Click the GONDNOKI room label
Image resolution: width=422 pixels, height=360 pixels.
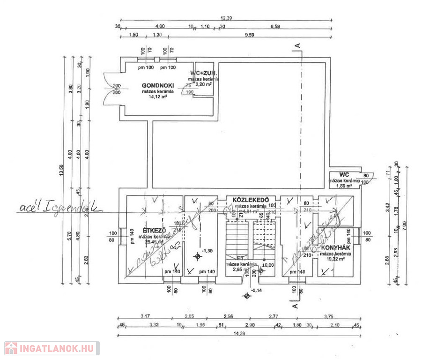click(158, 86)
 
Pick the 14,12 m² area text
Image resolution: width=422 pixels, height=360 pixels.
click(158, 98)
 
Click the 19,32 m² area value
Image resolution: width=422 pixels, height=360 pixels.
click(336, 258)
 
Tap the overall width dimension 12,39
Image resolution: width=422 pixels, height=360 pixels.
click(227, 18)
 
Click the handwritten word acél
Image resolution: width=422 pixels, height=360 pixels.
click(30, 208)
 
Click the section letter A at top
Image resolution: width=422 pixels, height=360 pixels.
click(296, 45)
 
